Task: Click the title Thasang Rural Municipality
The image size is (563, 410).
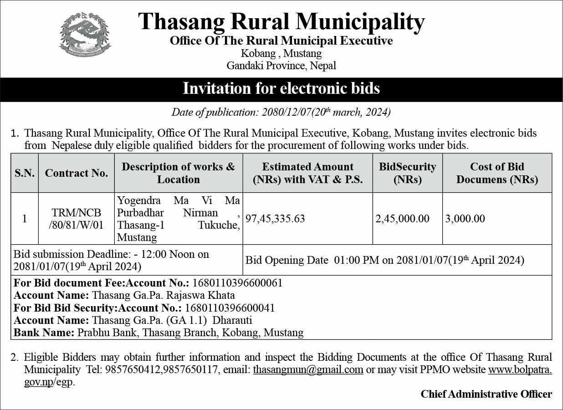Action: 281,22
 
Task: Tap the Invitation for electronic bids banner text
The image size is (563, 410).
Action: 281,88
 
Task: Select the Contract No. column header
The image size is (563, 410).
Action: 77,173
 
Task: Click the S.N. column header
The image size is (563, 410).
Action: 25,173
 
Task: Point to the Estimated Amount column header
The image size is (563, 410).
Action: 307,173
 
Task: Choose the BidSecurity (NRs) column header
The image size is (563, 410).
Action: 407,173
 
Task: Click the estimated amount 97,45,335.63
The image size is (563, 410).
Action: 275,219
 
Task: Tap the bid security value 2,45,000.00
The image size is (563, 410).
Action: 402,219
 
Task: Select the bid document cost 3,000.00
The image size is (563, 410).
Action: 465,219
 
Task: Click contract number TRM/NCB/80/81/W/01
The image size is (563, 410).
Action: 77,219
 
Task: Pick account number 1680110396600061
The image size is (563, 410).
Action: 237,283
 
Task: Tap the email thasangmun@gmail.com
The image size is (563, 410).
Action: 308,370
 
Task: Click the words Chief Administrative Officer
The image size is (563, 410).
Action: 486,394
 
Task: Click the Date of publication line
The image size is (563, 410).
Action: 281,112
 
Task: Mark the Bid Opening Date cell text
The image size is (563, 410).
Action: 384,261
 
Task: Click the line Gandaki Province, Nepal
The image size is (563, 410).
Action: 281,66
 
